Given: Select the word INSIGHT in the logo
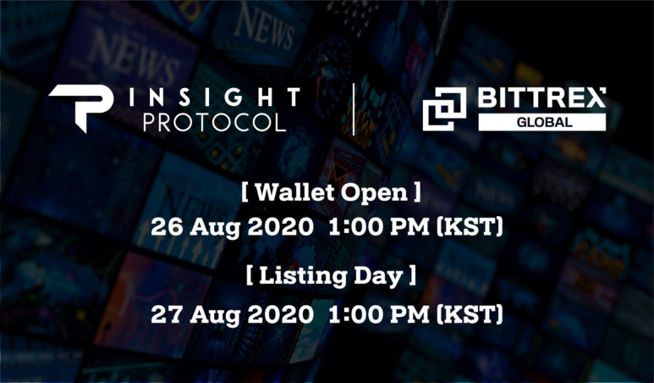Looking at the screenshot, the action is [214, 97].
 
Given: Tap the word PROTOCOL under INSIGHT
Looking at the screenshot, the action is [214, 123].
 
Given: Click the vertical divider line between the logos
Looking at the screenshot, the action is [354, 109].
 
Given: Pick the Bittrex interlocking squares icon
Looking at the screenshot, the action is [445, 109].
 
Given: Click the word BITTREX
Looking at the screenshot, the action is [541, 97].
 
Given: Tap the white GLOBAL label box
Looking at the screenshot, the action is [541, 122].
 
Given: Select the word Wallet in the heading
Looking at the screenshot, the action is [295, 192].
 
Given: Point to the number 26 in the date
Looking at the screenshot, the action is [167, 227].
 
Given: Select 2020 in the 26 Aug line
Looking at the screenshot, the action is [280, 227].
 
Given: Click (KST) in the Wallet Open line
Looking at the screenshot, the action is [470, 227].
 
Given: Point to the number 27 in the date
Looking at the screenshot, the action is [167, 314].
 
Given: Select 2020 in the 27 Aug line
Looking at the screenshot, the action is [280, 314].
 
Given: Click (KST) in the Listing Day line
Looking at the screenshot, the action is [470, 314].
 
